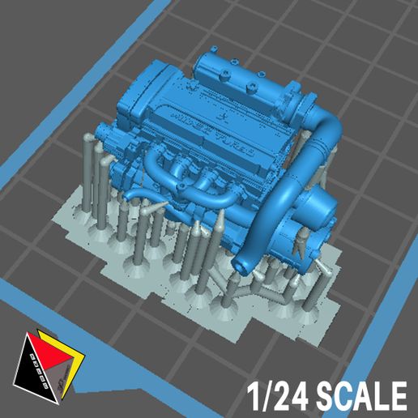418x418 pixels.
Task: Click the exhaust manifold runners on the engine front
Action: [194, 178]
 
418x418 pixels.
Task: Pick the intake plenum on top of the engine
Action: [243, 77]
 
